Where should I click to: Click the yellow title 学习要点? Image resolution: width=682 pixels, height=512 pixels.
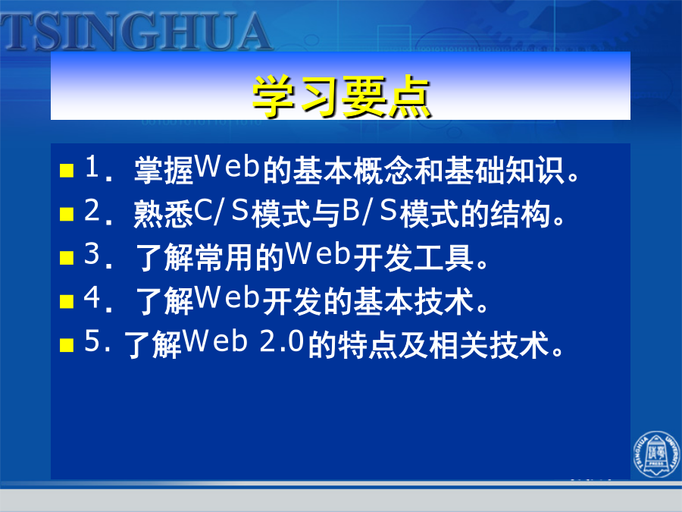(x=342, y=96)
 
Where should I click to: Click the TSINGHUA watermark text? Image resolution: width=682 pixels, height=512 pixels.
(x=136, y=31)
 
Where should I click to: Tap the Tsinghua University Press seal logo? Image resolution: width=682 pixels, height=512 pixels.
(x=657, y=454)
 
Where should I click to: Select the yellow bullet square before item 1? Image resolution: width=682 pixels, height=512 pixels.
(x=67, y=170)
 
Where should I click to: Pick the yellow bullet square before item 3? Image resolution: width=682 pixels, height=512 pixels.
(x=67, y=257)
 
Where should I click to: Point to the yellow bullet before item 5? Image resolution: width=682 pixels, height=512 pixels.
(x=67, y=345)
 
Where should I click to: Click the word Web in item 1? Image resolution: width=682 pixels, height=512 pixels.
(x=227, y=166)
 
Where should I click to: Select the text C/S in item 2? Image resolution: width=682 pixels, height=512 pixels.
(x=221, y=211)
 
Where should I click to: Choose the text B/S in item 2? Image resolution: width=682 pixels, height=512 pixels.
(x=370, y=211)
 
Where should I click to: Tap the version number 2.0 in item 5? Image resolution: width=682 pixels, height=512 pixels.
(x=281, y=341)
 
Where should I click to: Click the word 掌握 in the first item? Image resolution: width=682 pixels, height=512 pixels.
(x=164, y=170)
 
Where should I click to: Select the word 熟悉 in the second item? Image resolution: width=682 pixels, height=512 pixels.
(x=164, y=214)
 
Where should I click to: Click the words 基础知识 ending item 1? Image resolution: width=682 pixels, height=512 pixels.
(x=505, y=170)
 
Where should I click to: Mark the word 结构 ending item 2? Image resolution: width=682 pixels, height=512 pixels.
(x=520, y=214)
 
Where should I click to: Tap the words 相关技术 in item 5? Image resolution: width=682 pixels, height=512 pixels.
(x=489, y=345)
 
